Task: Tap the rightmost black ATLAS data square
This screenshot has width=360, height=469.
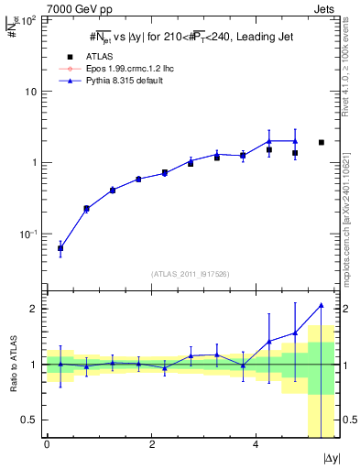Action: coord(321,142)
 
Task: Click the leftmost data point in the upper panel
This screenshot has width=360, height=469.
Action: coord(60,248)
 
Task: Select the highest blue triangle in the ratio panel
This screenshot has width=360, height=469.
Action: coord(321,305)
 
